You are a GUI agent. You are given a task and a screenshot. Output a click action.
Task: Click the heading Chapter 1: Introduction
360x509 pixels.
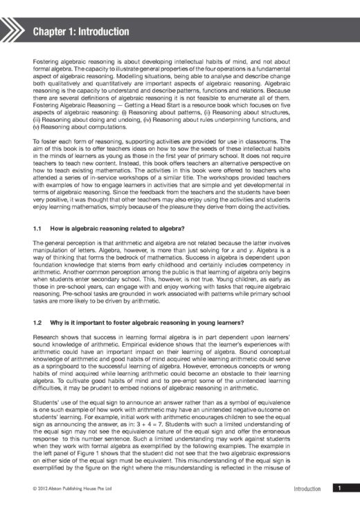point(81,31)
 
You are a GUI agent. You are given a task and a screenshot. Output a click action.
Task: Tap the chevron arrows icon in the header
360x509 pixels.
point(15,31)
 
